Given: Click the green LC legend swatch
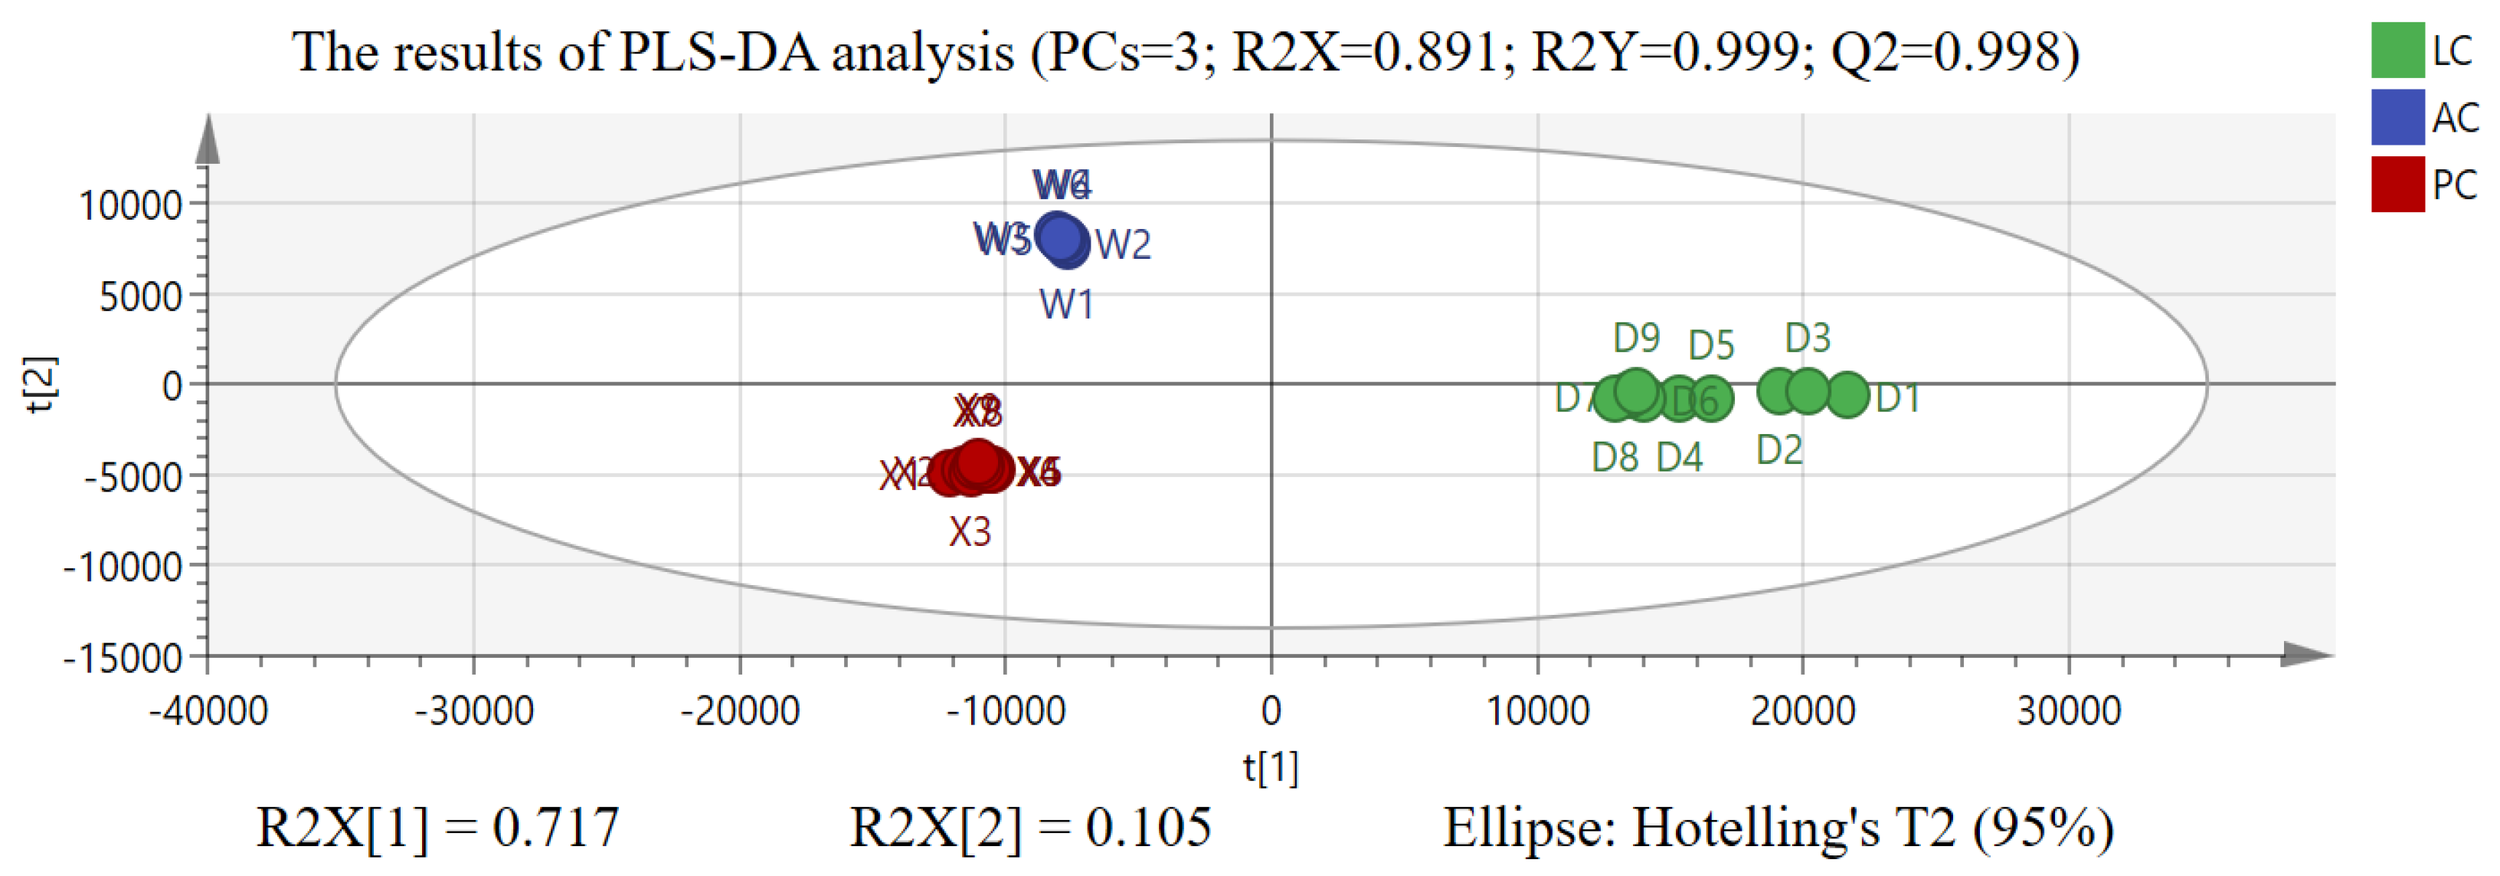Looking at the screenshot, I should (x=2397, y=51).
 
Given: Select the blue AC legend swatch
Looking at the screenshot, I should (x=2397, y=117).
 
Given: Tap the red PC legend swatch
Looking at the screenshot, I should (x=2397, y=185).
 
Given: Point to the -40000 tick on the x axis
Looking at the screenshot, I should (x=208, y=712).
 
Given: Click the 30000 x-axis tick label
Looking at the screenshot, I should (x=2068, y=712).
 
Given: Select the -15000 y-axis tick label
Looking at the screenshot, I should (x=123, y=659).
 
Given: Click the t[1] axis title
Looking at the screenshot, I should (x=1271, y=767).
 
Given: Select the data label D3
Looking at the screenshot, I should (x=1807, y=338).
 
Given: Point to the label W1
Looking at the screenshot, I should (x=1067, y=306).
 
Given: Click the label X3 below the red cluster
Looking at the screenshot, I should (x=970, y=531).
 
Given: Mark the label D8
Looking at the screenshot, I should (x=1615, y=458).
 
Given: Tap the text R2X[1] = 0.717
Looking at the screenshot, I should (x=437, y=828).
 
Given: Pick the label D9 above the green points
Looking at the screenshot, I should (x=1636, y=338).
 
